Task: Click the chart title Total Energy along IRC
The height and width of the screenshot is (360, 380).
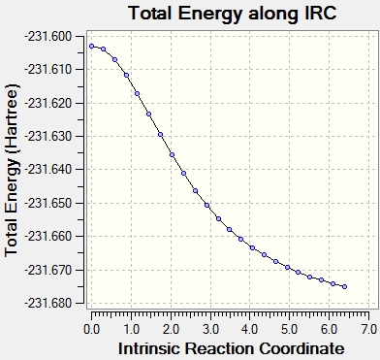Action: pyautogui.click(x=233, y=14)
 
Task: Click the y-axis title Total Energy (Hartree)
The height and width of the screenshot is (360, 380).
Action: pyautogui.click(x=12, y=171)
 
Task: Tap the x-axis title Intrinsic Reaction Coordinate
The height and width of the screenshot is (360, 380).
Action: pyautogui.click(x=232, y=349)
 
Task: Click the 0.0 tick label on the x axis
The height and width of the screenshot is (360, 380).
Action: pyautogui.click(x=91, y=330)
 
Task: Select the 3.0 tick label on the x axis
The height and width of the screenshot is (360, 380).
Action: pyautogui.click(x=210, y=330)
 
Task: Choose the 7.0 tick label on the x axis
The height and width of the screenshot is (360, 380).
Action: pyautogui.click(x=368, y=330)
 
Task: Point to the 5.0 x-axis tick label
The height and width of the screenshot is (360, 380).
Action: pyautogui.click(x=289, y=330)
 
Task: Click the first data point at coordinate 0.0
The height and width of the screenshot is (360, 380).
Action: pyautogui.click(x=92, y=47)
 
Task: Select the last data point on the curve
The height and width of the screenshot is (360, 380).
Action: pyautogui.click(x=344, y=286)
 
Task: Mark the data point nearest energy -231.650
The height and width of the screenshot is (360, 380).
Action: pyautogui.click(x=207, y=206)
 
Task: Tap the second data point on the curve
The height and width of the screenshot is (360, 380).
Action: pyautogui.click(x=104, y=49)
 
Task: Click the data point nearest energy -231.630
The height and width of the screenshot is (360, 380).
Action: pyautogui.click(x=160, y=135)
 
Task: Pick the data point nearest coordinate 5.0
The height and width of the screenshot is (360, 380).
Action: pyautogui.click(x=288, y=268)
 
